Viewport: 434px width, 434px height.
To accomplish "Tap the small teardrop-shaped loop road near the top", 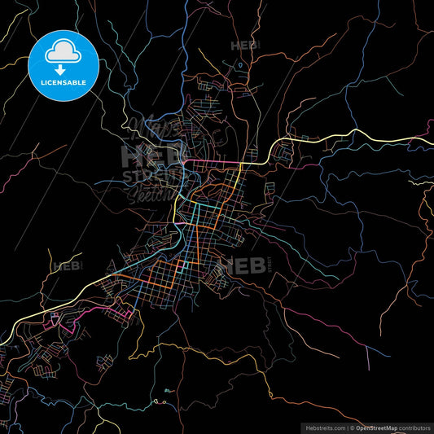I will (x=240, y=64).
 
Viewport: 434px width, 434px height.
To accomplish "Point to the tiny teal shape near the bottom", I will (x=166, y=391).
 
